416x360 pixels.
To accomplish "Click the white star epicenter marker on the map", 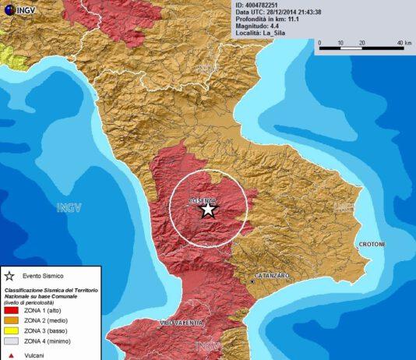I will coord(208,209).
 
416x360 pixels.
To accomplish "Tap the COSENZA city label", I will coord(203,200).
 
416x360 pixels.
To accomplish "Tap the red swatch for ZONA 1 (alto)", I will coord(10,309).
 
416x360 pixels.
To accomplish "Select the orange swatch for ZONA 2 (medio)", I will coord(10,319).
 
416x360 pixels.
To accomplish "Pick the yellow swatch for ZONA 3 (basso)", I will coord(10,330).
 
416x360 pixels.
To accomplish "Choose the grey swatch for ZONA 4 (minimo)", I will coord(10,340).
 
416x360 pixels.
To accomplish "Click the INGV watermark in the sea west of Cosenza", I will coord(69,207).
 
